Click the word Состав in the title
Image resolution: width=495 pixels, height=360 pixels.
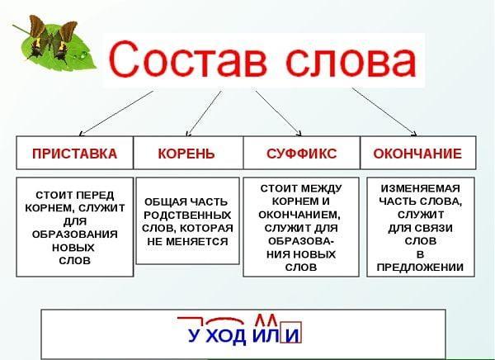187,60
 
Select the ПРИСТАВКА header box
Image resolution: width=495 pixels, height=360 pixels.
75,153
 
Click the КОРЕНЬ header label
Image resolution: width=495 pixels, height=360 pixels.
186,154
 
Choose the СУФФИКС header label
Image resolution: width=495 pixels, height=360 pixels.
301,154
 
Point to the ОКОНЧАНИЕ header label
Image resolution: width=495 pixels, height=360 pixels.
417,154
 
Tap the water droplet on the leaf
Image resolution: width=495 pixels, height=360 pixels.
83,56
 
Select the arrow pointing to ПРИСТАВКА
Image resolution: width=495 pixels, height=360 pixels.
115,113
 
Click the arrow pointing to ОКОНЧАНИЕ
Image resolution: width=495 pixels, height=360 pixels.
384,112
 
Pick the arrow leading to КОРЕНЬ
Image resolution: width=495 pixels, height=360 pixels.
204,114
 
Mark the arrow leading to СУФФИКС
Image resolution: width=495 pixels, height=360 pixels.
279,113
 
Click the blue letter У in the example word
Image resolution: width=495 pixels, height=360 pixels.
194,335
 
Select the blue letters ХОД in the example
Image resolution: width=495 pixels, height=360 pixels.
225,336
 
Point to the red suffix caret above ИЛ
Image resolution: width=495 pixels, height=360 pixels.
266,320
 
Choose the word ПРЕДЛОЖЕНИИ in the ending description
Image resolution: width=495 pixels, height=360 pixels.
420,268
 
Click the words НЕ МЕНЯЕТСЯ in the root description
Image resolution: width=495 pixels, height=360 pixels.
187,242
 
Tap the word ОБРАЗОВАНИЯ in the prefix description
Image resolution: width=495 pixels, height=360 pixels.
75,234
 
